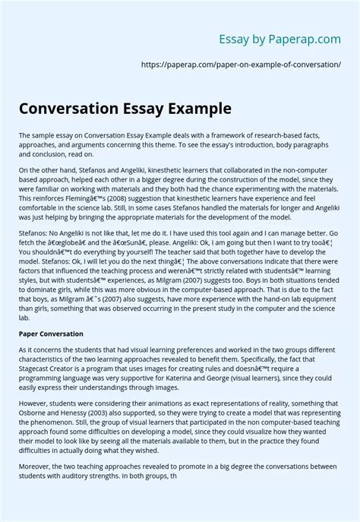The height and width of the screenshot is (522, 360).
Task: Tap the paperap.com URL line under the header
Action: coord(242,65)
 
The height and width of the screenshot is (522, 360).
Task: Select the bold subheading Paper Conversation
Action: coord(50,334)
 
